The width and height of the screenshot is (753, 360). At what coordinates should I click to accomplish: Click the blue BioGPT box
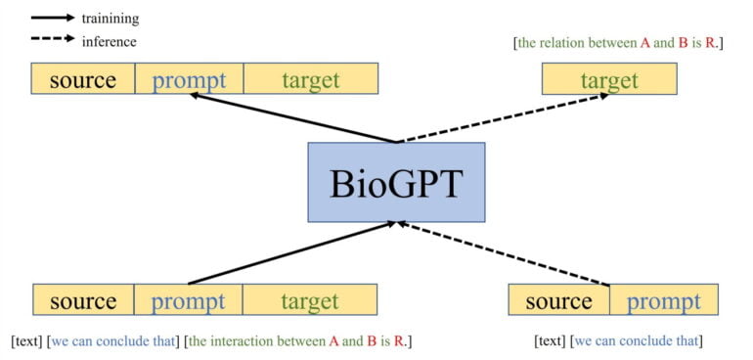396,182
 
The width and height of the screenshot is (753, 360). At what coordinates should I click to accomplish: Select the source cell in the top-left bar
83,79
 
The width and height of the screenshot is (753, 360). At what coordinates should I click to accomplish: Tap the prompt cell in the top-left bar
189,79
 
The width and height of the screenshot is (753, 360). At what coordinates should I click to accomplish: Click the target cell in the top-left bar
310,79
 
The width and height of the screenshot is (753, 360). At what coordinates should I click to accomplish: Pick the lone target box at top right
608,79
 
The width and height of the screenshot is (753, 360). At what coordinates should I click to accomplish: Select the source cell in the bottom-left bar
83,300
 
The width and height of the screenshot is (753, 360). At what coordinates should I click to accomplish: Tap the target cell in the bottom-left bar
309,300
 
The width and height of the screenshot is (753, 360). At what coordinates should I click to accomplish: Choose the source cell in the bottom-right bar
558,300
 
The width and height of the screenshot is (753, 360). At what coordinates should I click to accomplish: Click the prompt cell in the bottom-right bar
664,300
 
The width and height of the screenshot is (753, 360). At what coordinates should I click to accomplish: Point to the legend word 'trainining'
110,18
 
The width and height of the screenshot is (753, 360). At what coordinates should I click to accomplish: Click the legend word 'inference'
109,41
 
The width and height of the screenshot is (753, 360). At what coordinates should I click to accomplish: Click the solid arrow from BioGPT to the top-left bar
293,118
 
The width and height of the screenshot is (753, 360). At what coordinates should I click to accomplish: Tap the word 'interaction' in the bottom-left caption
247,341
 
